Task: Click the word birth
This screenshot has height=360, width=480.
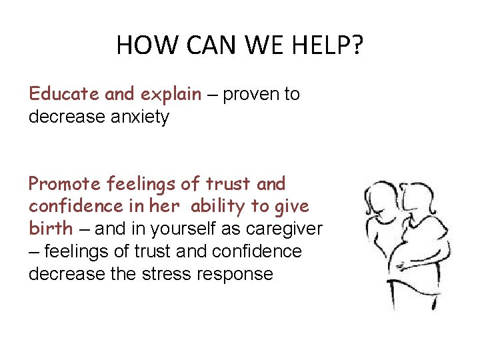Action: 50,229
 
